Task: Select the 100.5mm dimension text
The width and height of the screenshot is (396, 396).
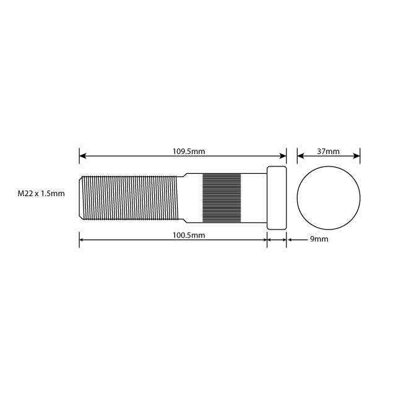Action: (188, 235)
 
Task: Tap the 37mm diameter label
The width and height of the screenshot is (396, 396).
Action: (329, 151)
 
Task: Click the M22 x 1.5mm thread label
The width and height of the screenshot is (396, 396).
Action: (41, 194)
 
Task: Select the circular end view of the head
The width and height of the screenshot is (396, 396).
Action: (329, 197)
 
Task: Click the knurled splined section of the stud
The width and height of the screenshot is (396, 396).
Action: (222, 197)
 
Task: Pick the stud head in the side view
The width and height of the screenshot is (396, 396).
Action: (277, 197)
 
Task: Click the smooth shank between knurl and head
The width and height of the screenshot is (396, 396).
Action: (253, 197)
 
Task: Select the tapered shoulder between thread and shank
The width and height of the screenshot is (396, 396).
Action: (183, 197)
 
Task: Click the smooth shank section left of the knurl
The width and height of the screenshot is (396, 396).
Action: (194, 197)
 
